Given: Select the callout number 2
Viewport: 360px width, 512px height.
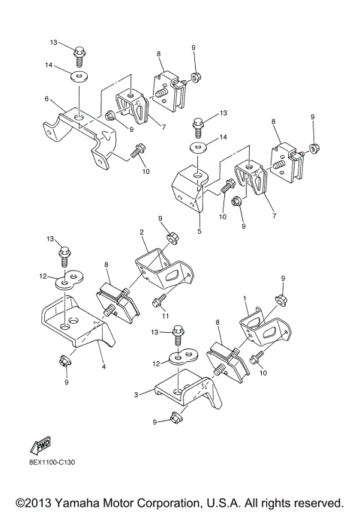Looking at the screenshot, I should tap(141, 232).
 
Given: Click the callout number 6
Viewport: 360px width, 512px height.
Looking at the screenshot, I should tap(46, 98).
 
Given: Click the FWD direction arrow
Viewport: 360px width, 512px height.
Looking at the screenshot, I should tap(40, 448).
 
